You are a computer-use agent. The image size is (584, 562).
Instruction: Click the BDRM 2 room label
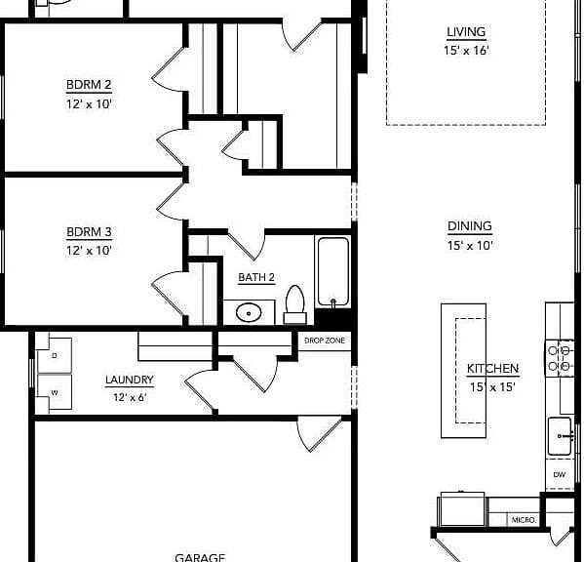click(x=89, y=85)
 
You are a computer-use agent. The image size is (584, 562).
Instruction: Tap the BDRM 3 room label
click(x=89, y=232)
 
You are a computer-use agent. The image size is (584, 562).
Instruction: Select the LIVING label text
click(x=466, y=32)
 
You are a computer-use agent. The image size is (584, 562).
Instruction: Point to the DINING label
click(x=470, y=225)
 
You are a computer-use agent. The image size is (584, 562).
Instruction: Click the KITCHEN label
click(x=492, y=368)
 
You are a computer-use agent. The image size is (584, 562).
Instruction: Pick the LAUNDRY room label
click(x=130, y=380)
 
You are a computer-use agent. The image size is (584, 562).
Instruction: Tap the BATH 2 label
click(x=256, y=277)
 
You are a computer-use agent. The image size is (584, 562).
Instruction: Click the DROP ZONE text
click(x=325, y=341)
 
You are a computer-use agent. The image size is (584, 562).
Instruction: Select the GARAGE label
click(x=200, y=557)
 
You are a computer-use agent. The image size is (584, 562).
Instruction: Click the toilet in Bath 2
click(x=295, y=304)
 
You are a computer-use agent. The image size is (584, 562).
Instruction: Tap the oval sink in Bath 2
click(x=249, y=312)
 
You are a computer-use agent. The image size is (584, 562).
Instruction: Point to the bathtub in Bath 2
click(x=333, y=272)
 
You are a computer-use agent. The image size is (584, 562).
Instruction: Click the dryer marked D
click(x=55, y=355)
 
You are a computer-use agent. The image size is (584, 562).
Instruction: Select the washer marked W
click(x=55, y=392)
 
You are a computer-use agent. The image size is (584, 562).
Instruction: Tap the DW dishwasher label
click(x=559, y=474)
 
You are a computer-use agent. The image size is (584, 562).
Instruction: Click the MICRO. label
click(x=524, y=519)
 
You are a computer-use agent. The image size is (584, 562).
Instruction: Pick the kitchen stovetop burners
click(x=560, y=358)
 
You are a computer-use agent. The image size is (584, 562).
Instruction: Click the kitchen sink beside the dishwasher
click(x=560, y=436)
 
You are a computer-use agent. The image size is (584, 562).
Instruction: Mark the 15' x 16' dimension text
click(x=466, y=51)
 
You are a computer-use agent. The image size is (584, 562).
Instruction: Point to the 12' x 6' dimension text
click(x=130, y=397)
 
